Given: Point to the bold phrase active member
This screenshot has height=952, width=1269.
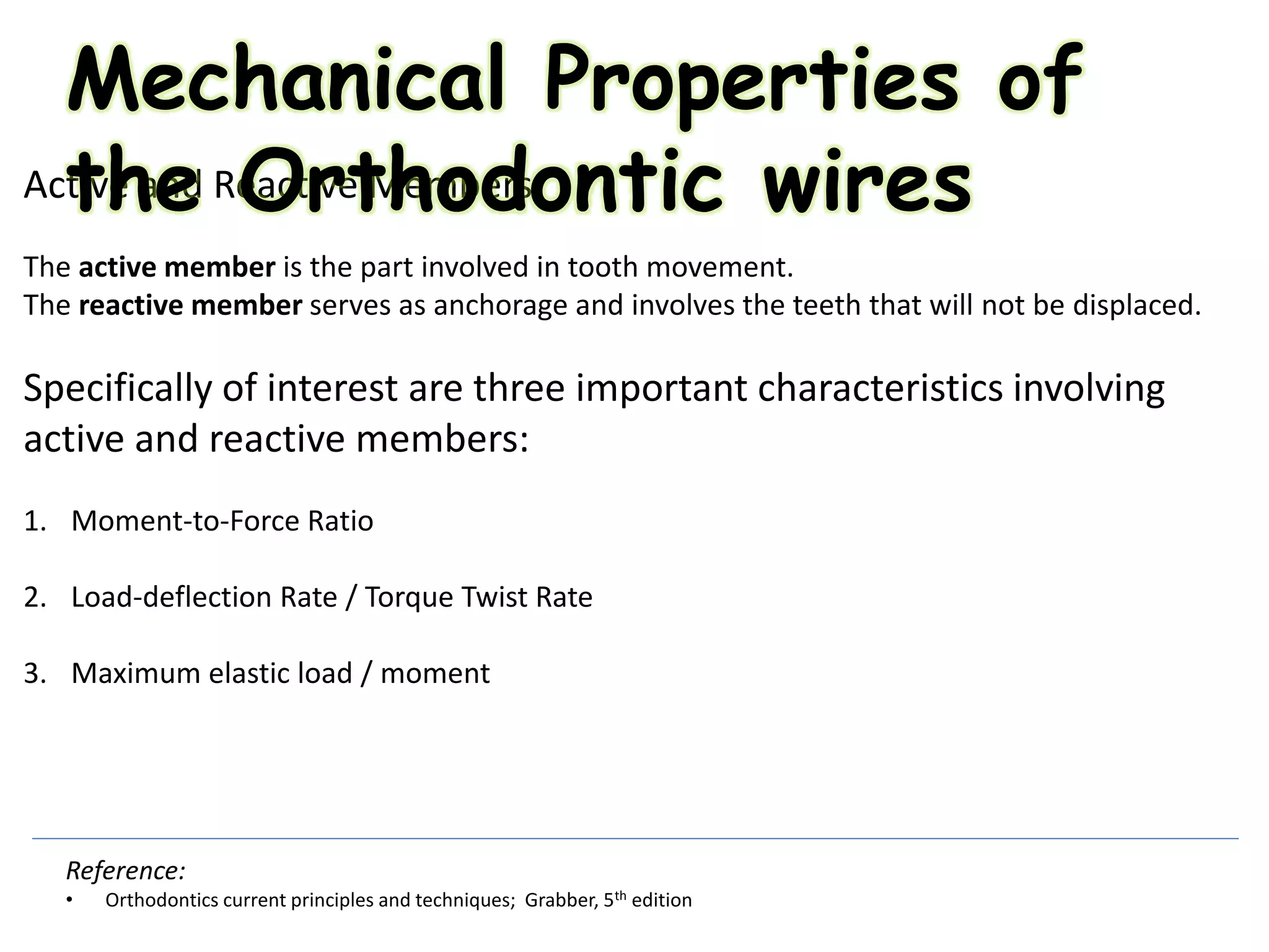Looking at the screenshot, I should (177, 267).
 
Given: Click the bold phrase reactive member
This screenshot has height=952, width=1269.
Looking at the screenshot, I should (190, 306).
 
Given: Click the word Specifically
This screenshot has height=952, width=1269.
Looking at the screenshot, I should (118, 389).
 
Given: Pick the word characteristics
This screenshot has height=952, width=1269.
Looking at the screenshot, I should (879, 389).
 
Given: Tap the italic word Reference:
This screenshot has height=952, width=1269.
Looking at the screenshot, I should (126, 871).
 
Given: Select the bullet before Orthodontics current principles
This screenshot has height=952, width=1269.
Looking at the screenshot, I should (69, 900).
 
